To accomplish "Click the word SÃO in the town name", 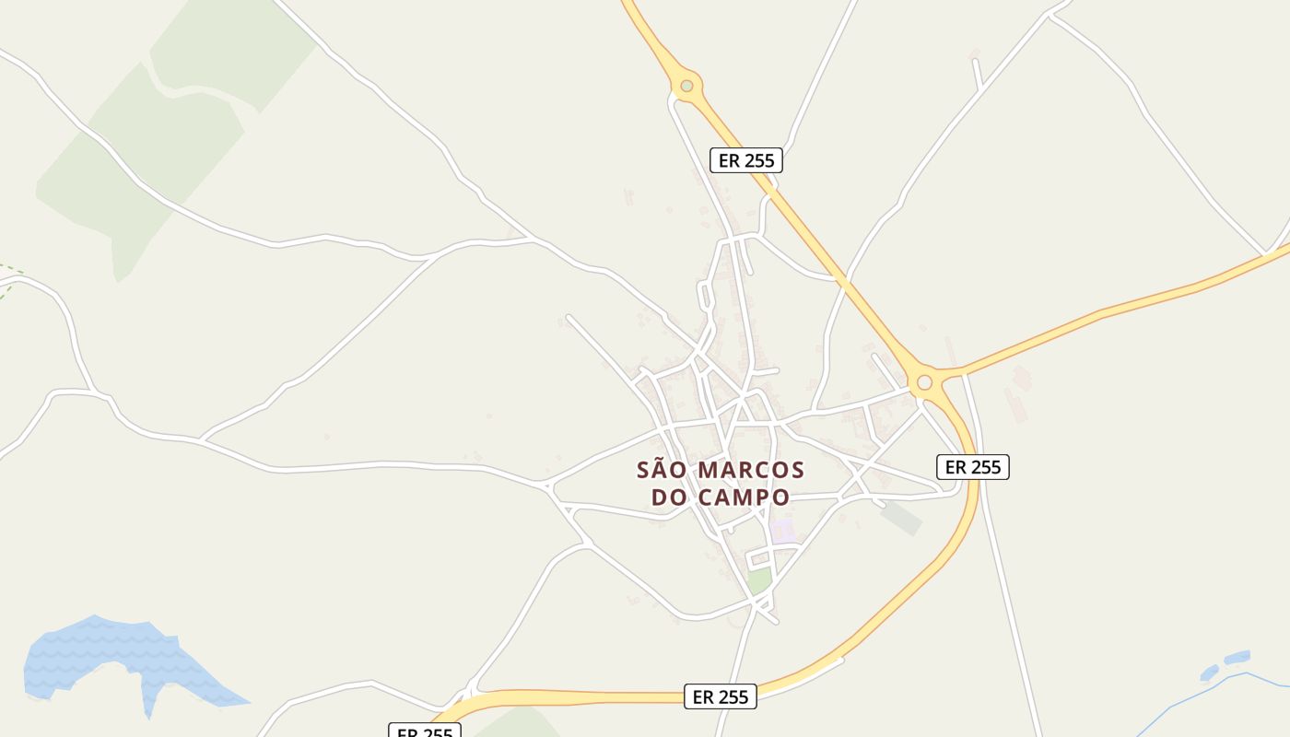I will (662, 471).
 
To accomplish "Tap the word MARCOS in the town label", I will (751, 471).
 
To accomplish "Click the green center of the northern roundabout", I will (686, 87).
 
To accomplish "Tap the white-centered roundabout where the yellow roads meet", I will (924, 382).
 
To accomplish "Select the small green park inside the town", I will (758, 581).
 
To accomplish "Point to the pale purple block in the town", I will (782, 532).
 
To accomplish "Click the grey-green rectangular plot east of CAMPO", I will (900, 517).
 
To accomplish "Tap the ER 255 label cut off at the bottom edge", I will (424, 731).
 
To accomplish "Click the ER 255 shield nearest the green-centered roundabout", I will (746, 160).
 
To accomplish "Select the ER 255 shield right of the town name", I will (973, 467).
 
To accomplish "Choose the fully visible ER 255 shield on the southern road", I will (721, 697).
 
